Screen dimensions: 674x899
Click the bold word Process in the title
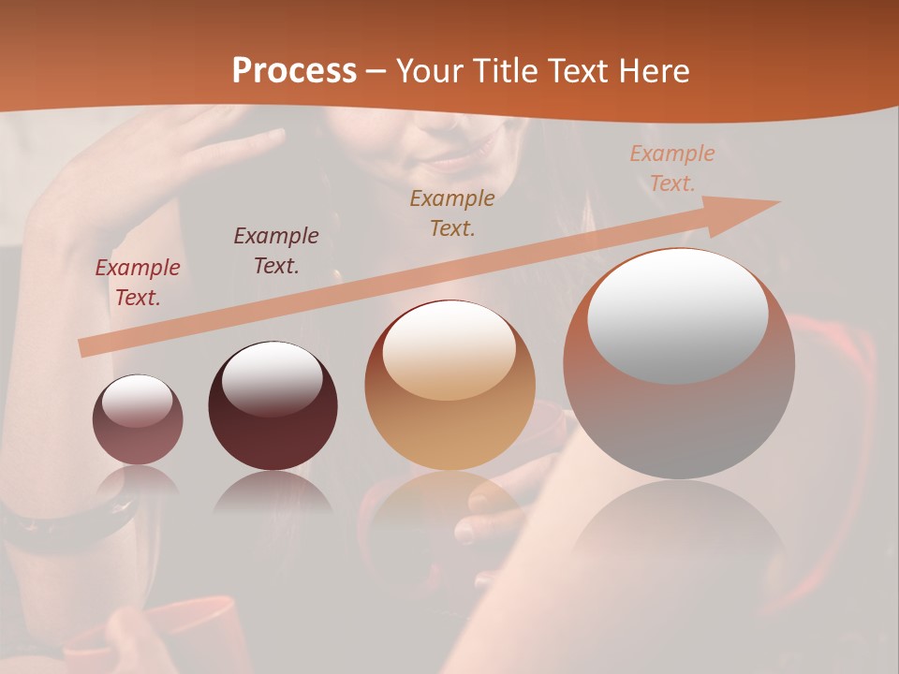coord(294,71)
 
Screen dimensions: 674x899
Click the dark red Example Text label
coord(138,283)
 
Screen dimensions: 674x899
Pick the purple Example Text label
coord(276,251)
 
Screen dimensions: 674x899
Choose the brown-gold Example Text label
coord(452,212)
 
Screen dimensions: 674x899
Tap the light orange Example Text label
coord(671,168)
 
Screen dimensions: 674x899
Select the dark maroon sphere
coord(273,407)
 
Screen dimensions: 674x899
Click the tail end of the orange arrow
coord(86,347)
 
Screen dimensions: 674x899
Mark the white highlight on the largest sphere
coord(677,315)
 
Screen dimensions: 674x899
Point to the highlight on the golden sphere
coord(449,351)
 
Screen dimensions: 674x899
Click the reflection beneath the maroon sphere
coord(273,492)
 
